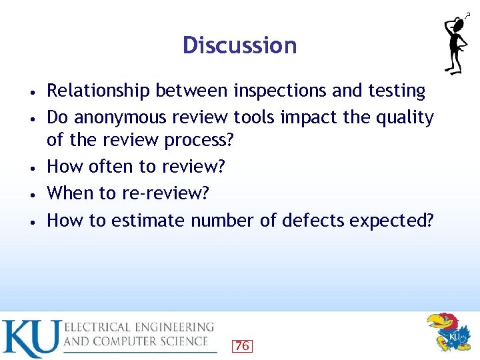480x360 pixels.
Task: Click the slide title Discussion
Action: tap(239, 45)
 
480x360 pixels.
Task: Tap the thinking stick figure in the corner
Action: tap(457, 44)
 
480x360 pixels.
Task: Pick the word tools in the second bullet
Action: tap(255, 117)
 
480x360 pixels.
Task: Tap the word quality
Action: tap(406, 117)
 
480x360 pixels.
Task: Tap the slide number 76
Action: tap(241, 345)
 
